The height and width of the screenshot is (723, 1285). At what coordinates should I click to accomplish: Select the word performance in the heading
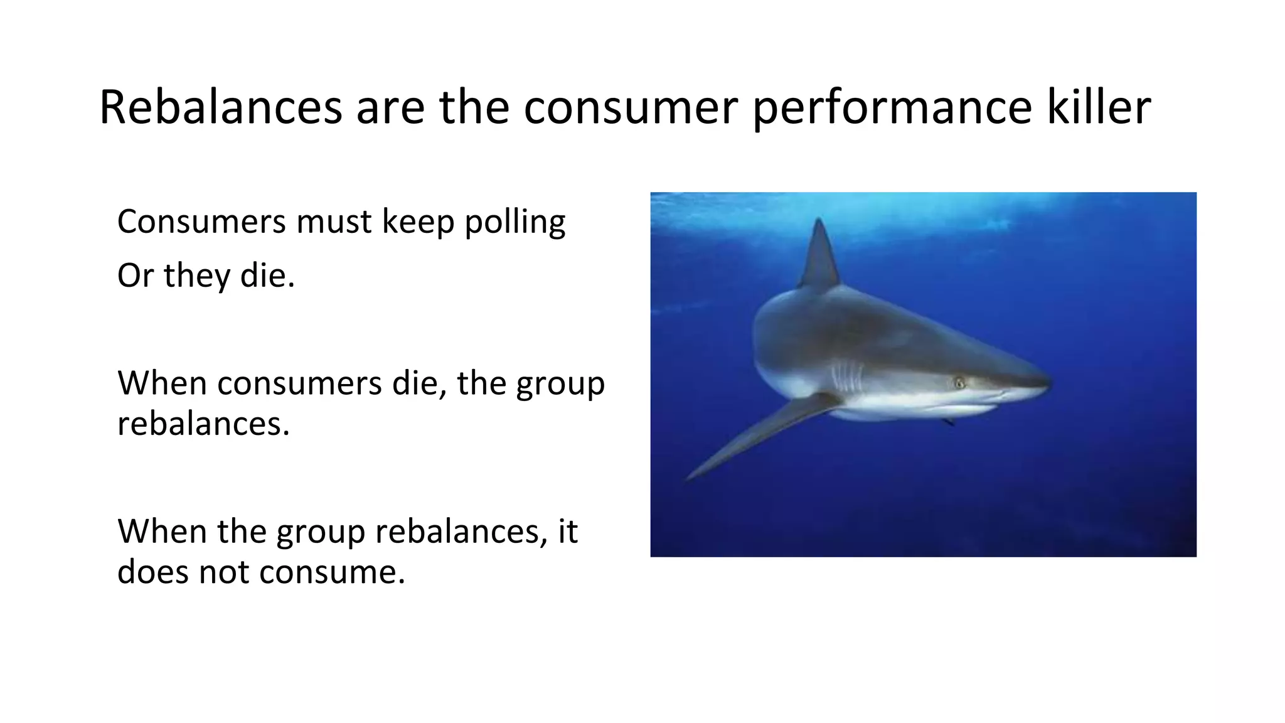pos(892,108)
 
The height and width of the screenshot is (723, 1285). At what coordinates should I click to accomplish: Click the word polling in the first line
pos(515,222)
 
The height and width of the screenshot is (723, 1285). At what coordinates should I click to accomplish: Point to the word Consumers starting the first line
pos(201,222)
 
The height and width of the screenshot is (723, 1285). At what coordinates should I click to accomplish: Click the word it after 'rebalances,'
pos(567,532)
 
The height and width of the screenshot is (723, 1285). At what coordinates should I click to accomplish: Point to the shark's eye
pos(959,382)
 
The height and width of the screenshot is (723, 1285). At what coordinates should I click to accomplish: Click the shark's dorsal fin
pos(819,257)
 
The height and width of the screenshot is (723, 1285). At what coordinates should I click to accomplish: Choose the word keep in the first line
pos(418,222)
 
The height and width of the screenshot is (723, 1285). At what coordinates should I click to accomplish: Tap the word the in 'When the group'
pos(241,532)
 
